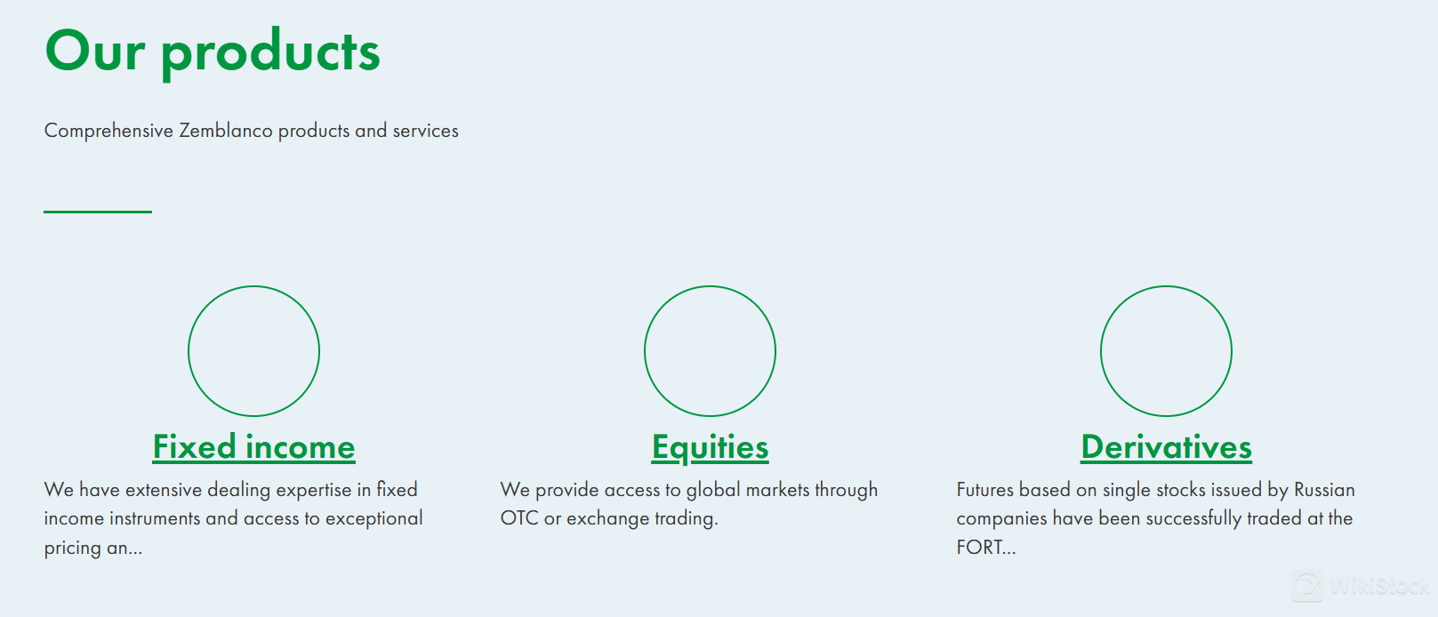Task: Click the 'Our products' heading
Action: click(x=213, y=52)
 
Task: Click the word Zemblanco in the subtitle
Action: click(x=226, y=131)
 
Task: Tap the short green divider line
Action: click(x=98, y=212)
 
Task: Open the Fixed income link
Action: click(x=253, y=447)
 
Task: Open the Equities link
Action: click(x=710, y=447)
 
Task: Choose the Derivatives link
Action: click(x=1166, y=447)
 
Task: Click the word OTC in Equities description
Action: click(x=519, y=518)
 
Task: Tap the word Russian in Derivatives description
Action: click(x=1324, y=490)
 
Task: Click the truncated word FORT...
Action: click(x=986, y=547)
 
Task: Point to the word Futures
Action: click(x=984, y=490)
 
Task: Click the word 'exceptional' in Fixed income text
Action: click(x=374, y=519)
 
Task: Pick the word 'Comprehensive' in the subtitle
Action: click(x=109, y=131)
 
